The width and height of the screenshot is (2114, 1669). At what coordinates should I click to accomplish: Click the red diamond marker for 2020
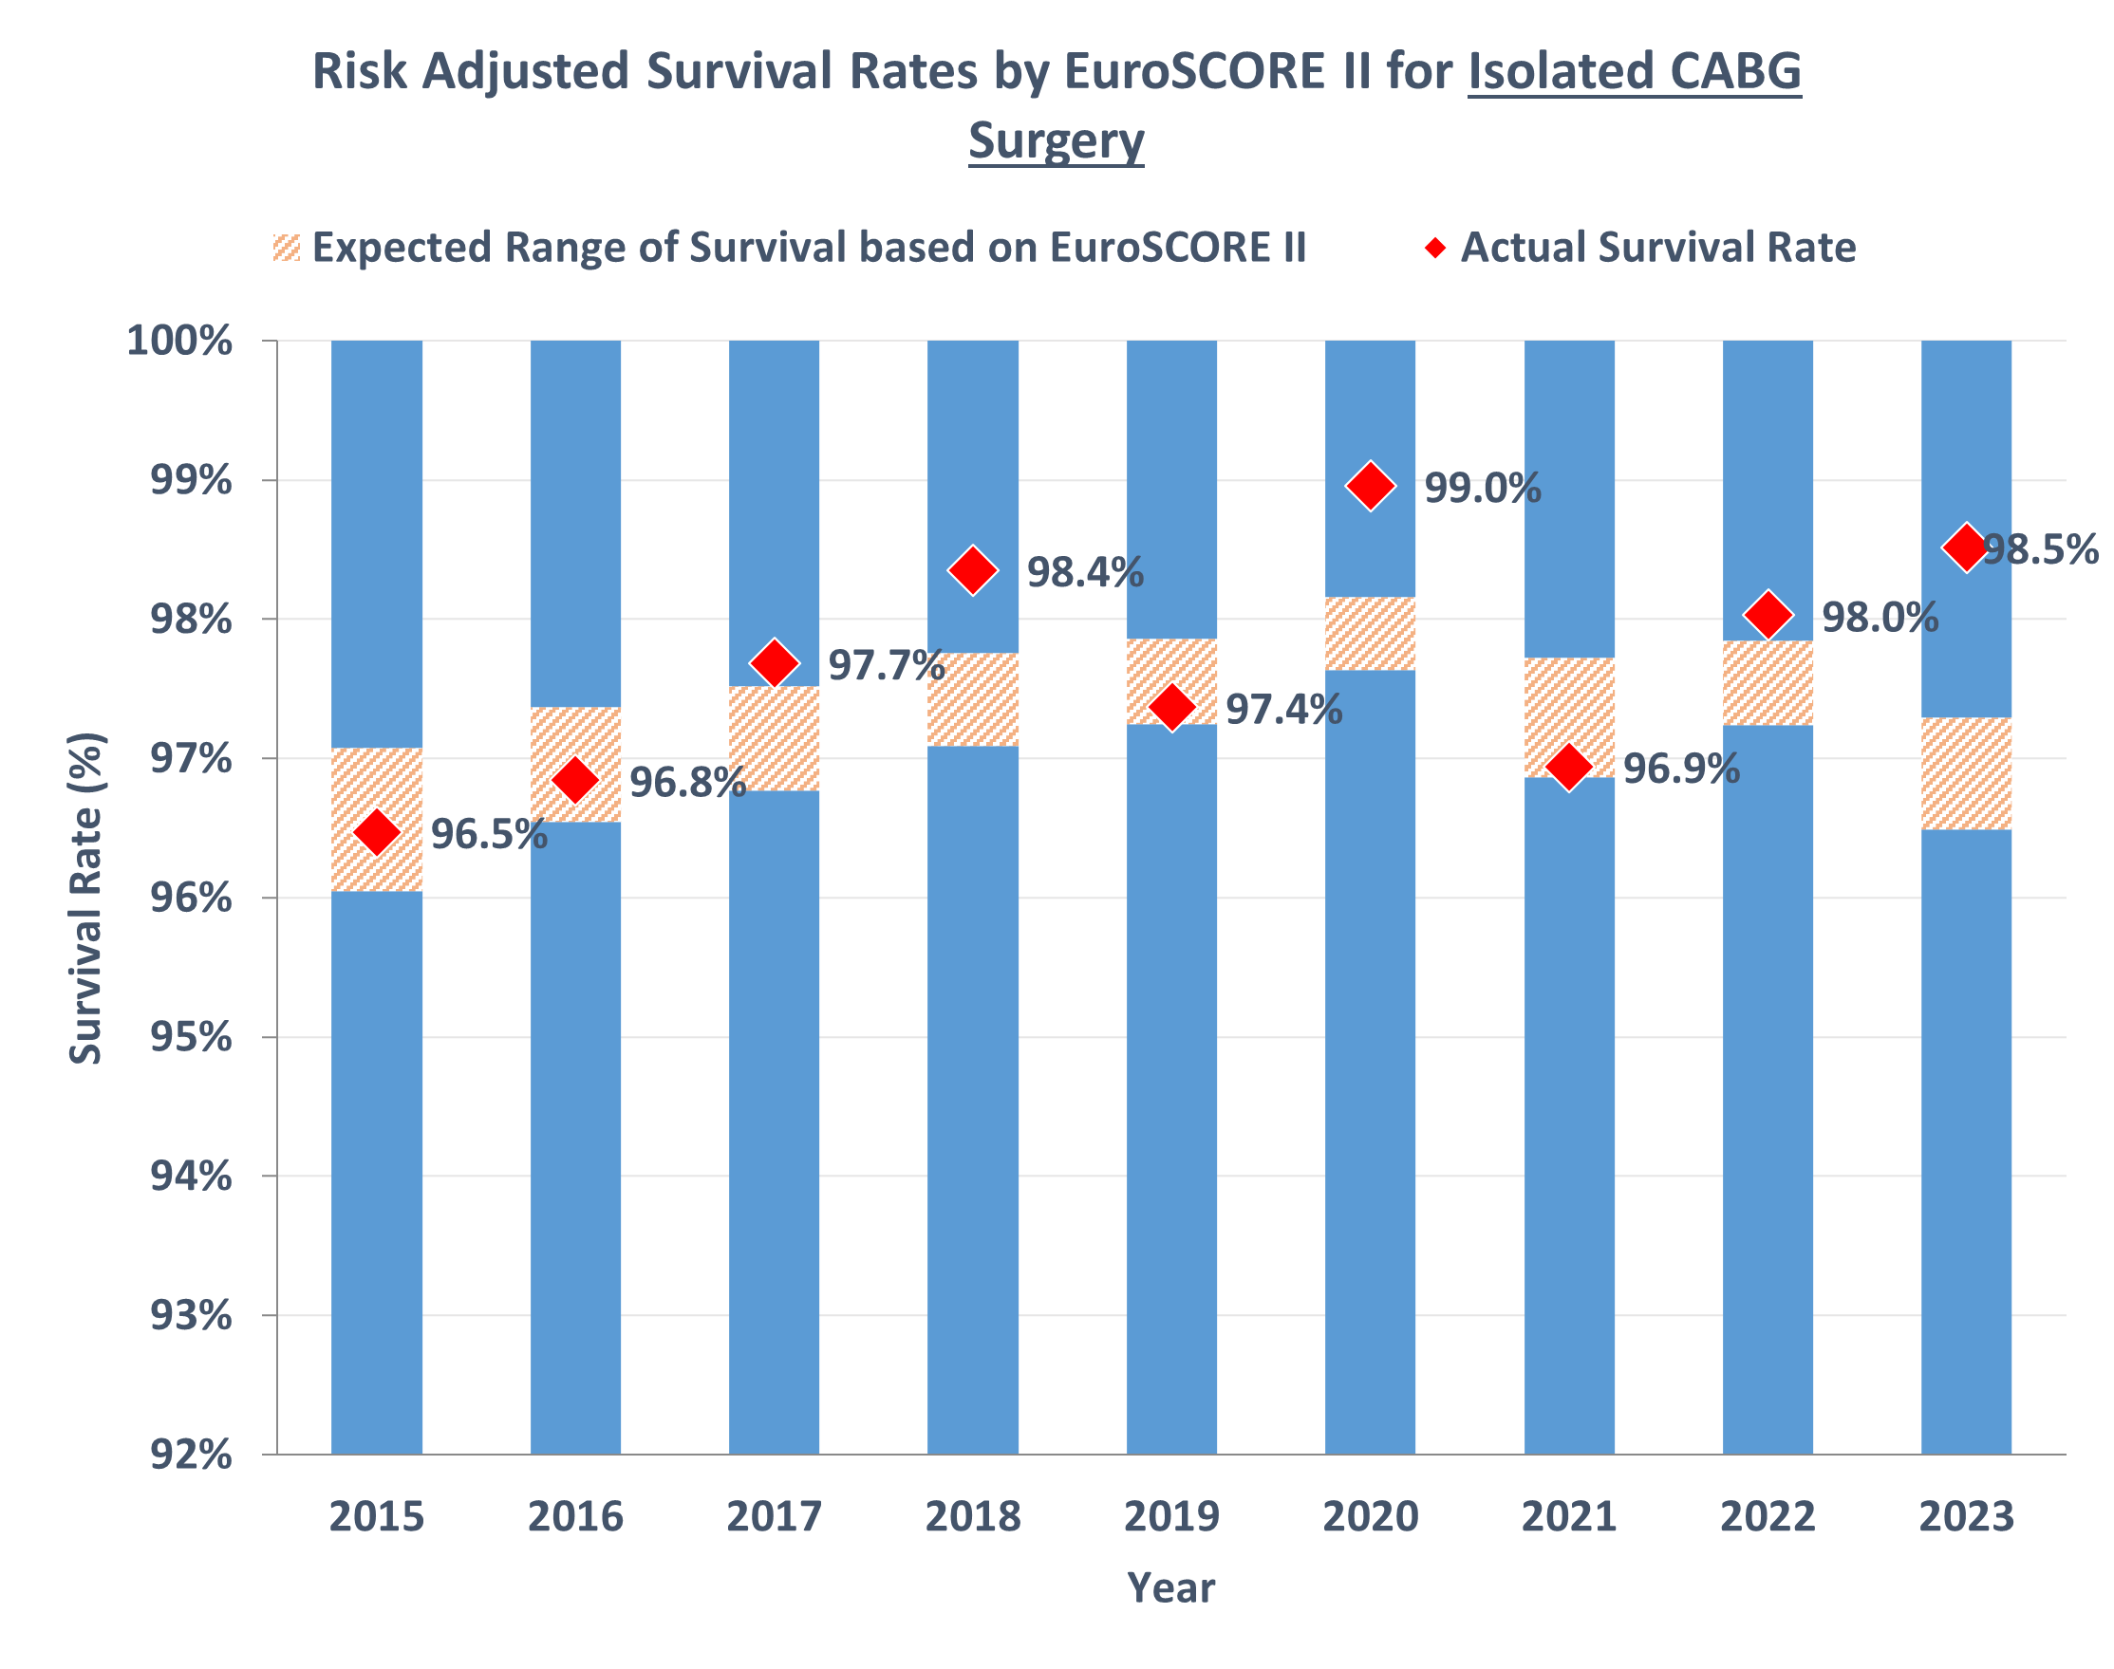point(1369,486)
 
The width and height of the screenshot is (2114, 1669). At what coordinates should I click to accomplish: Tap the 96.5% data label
point(489,835)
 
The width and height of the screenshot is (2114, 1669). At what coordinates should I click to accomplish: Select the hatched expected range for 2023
point(1966,774)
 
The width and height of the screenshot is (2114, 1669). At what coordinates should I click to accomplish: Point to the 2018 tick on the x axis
point(972,1516)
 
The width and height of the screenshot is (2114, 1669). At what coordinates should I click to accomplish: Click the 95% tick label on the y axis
point(191,1038)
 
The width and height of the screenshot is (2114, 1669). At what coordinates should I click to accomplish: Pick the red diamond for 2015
point(376,832)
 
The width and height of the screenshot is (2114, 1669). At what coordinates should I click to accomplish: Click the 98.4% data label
point(1085,572)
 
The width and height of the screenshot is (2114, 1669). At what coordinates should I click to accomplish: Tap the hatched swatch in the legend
point(287,248)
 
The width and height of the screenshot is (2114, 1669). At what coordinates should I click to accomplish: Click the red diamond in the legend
point(1433,248)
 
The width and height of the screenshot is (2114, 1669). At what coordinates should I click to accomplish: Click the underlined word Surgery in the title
point(1056,140)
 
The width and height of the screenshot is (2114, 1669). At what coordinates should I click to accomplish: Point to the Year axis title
point(1170,1588)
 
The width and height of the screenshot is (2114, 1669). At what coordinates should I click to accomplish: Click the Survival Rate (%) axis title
point(86,898)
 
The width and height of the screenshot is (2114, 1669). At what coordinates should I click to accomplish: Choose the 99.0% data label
point(1482,489)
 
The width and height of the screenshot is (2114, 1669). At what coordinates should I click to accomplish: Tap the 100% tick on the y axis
point(179,341)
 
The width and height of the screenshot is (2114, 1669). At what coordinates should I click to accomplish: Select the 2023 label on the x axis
point(1966,1516)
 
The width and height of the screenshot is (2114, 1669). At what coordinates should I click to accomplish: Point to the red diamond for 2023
point(1964,547)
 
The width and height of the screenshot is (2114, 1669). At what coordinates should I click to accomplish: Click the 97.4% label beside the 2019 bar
point(1283,711)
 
